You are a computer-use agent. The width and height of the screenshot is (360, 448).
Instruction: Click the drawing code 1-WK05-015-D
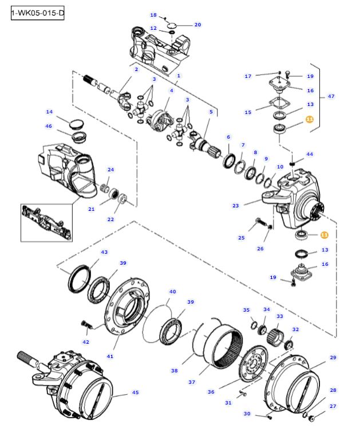tap(37, 13)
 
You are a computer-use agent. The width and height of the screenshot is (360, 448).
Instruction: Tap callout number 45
tap(136, 392)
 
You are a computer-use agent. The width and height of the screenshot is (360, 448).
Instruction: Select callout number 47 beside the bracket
tap(331, 96)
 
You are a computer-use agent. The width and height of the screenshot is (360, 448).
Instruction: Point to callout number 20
tap(197, 25)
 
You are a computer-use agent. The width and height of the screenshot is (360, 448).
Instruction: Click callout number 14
tap(49, 112)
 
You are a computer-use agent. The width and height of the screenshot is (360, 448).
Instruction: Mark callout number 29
tap(333, 357)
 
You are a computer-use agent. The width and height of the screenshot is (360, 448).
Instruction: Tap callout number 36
tap(211, 392)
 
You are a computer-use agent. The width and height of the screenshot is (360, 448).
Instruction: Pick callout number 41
tap(110, 356)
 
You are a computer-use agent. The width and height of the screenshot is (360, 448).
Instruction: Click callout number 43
tap(104, 252)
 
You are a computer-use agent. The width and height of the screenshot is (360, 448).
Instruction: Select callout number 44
tap(310, 154)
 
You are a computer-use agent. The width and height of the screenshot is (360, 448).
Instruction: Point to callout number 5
tap(211, 112)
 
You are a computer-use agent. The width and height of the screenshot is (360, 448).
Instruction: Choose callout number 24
tap(111, 170)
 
